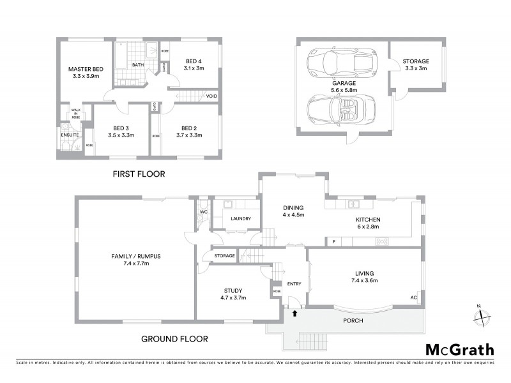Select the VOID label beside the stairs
tap(211, 96)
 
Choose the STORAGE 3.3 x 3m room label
tap(415, 61)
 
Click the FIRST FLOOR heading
tap(139, 174)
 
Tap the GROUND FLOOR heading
tap(174, 339)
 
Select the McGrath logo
tap(459, 349)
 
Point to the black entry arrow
tap(294, 313)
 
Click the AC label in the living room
tap(413, 298)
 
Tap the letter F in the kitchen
tap(333, 241)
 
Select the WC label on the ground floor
tap(203, 211)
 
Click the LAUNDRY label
tap(236, 219)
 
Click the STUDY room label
tap(233, 290)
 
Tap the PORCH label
tap(352, 320)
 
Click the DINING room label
tap(293, 207)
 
